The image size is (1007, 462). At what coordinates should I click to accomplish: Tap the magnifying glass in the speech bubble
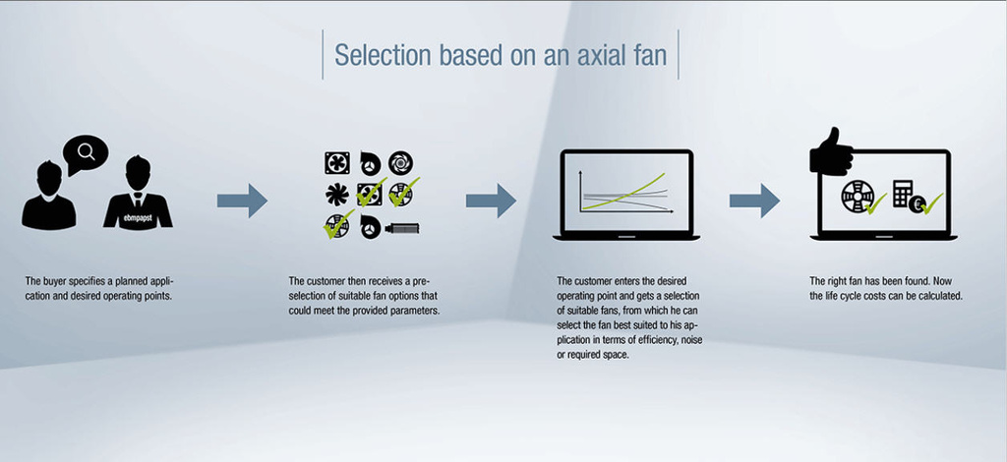click(86, 151)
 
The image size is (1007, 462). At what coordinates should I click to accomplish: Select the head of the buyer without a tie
click(48, 177)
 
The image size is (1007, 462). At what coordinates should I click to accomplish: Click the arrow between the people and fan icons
click(242, 201)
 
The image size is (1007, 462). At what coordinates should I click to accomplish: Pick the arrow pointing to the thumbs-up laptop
click(754, 201)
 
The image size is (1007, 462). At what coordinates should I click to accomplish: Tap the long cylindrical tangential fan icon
click(402, 228)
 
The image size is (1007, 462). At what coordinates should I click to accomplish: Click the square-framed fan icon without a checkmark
click(337, 163)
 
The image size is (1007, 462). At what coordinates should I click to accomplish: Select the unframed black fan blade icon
click(336, 195)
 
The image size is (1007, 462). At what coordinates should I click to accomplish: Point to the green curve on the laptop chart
click(623, 192)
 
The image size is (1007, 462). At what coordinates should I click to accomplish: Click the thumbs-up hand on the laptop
click(831, 152)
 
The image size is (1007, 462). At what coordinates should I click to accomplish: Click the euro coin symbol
click(917, 204)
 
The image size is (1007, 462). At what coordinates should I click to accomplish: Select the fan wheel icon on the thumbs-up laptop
click(855, 197)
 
